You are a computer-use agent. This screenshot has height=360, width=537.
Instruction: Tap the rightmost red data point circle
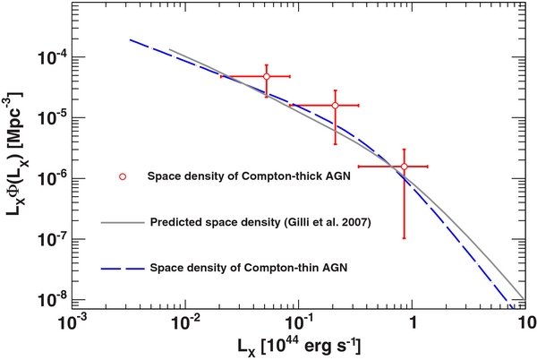tap(404, 167)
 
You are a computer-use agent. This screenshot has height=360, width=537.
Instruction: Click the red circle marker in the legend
tap(125, 176)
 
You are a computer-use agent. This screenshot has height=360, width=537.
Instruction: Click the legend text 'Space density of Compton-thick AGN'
tap(248, 176)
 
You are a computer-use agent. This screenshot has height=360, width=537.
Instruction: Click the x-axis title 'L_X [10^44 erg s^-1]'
tap(300, 346)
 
